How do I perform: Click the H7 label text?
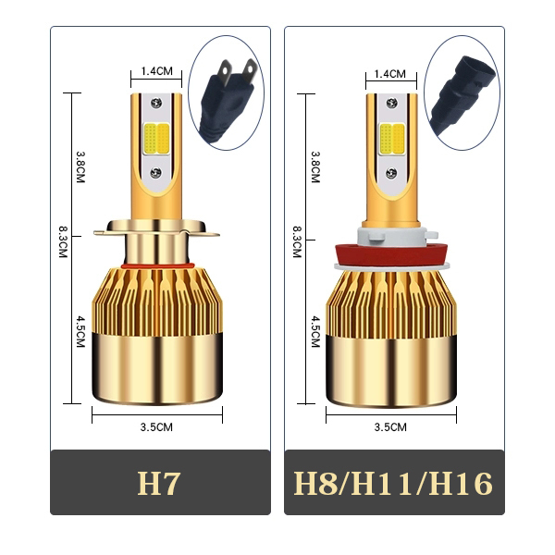(x=158, y=483)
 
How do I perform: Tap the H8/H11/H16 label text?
(x=393, y=483)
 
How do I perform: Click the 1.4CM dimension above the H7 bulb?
(x=157, y=71)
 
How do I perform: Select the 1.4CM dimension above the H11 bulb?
(x=389, y=74)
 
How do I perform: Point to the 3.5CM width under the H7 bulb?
(x=156, y=426)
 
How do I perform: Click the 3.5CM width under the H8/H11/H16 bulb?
(x=390, y=426)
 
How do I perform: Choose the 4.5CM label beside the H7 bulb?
(x=80, y=332)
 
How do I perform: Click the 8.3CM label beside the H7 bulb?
(x=63, y=241)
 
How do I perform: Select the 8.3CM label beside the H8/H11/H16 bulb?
(x=297, y=241)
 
